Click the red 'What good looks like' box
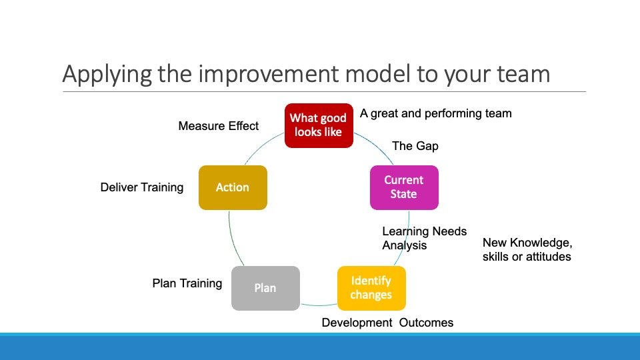(x=319, y=125)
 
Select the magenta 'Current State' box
(x=404, y=187)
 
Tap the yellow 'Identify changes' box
(x=371, y=288)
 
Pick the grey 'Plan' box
(x=265, y=288)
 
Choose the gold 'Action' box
(x=233, y=187)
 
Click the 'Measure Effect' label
(x=219, y=126)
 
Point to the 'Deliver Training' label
(x=141, y=187)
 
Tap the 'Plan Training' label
(x=187, y=283)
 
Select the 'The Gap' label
(x=415, y=146)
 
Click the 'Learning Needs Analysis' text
(x=424, y=239)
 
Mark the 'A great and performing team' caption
(x=435, y=113)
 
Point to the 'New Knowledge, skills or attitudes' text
(x=527, y=249)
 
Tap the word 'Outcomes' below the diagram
(x=426, y=323)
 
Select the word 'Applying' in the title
(x=107, y=75)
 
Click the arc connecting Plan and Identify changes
(x=319, y=305)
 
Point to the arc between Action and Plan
(x=232, y=239)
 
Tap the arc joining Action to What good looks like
(x=263, y=146)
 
